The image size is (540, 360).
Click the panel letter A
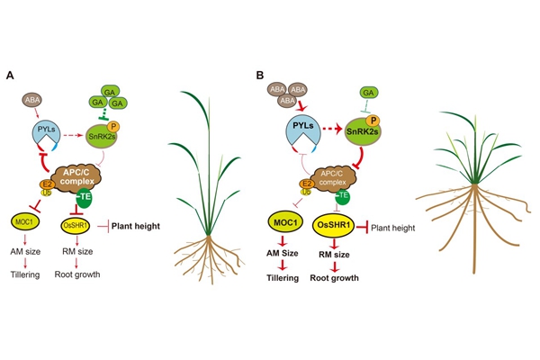10,76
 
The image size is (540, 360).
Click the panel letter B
260,76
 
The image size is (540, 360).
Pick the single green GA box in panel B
367,93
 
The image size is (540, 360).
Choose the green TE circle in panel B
346,198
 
